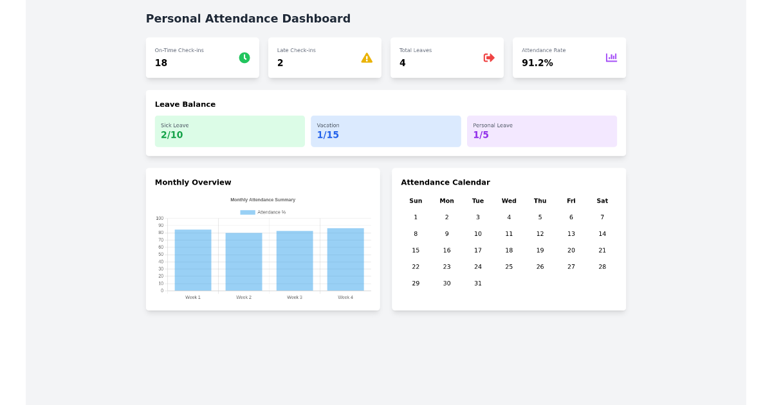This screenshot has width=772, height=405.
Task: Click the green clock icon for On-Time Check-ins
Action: pyautogui.click(x=244, y=58)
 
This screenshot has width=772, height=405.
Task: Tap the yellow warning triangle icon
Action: pyautogui.click(x=367, y=58)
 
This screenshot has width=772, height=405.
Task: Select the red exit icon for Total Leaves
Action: pyautogui.click(x=489, y=58)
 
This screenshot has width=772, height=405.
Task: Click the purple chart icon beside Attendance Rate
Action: pyautogui.click(x=611, y=58)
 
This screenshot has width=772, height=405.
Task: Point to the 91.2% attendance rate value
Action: pyautogui.click(x=537, y=63)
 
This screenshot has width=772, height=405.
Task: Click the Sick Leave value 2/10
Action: pyautogui.click(x=172, y=135)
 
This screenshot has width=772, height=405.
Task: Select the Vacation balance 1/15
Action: pyautogui.click(x=327, y=135)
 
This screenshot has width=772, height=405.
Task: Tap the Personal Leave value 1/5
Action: pyautogui.click(x=481, y=135)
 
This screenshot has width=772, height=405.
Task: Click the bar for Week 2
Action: pyautogui.click(x=244, y=262)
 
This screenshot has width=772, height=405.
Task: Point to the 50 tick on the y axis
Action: pyautogui.click(x=160, y=255)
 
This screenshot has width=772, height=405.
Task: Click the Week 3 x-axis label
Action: pyautogui.click(x=295, y=298)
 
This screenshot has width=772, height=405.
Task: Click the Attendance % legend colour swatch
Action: pyautogui.click(x=248, y=212)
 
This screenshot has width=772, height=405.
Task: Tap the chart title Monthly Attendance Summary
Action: pyautogui.click(x=262, y=200)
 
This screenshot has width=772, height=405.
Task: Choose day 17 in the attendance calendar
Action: pyautogui.click(x=478, y=251)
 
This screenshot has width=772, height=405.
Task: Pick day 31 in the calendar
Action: pyautogui.click(x=478, y=283)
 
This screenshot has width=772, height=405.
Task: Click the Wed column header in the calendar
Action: pyautogui.click(x=509, y=201)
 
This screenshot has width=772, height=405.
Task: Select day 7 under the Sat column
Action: pyautogui.click(x=602, y=217)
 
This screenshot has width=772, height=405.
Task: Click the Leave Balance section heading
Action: pyautogui.click(x=185, y=104)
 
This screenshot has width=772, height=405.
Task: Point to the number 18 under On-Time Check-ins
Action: pyautogui.click(x=161, y=63)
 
